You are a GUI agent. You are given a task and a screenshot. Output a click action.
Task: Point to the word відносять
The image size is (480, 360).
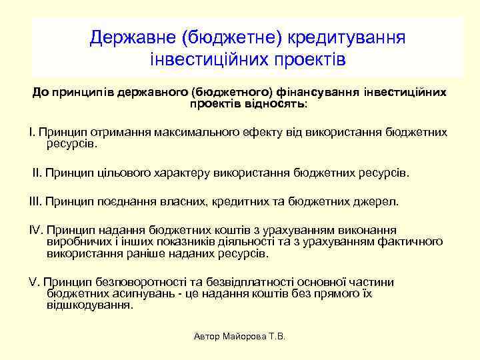(x=275, y=104)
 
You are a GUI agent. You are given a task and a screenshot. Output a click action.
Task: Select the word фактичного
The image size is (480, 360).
(x=413, y=241)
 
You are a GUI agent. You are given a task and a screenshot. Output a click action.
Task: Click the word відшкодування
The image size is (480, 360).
(x=90, y=306)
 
